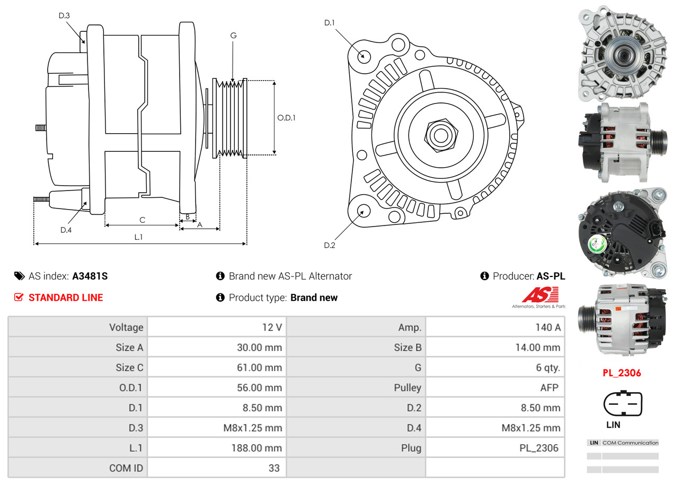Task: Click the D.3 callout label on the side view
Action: click(x=64, y=15)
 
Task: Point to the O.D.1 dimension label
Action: click(x=286, y=117)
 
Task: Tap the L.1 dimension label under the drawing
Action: click(x=138, y=237)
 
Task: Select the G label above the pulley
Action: click(x=233, y=36)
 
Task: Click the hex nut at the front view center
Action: click(x=439, y=134)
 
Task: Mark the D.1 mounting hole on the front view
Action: click(x=364, y=56)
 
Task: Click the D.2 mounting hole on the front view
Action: click(x=363, y=211)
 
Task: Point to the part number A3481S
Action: click(x=90, y=276)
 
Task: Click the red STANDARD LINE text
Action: click(x=66, y=298)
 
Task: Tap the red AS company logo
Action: click(x=540, y=295)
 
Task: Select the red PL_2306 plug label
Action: click(x=622, y=373)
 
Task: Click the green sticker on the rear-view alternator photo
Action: click(x=598, y=245)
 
